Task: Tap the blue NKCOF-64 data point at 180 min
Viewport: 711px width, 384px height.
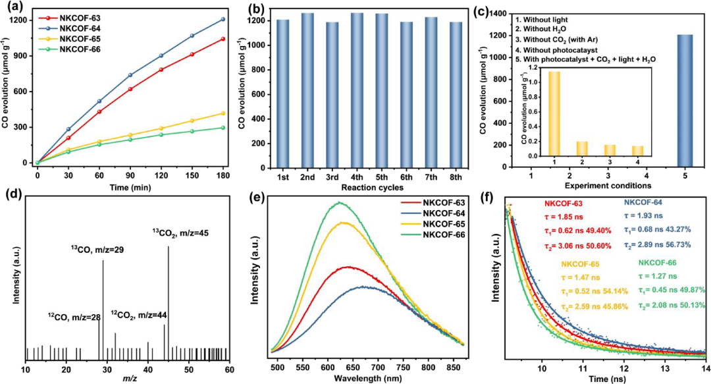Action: tap(223, 19)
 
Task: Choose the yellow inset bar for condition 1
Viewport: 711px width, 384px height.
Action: tap(554, 114)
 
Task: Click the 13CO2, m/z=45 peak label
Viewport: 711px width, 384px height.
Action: tap(181, 233)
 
